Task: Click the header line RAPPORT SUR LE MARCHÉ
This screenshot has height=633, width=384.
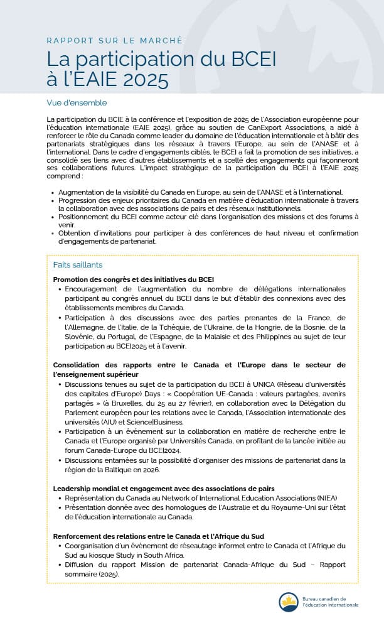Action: coord(115,41)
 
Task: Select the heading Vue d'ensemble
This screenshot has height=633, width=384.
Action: coord(77,102)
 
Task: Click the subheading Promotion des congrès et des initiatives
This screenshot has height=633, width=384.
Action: coord(133,279)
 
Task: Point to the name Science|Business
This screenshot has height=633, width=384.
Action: coord(157,422)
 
